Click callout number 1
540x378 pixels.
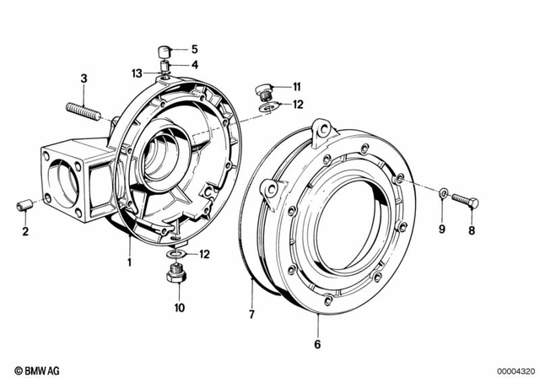coord(129,262)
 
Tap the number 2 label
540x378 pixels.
coord(24,231)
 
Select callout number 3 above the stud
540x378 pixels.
coord(84,78)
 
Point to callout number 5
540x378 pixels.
coord(193,48)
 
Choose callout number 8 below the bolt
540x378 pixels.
coord(472,229)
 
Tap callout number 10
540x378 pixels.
coord(179,308)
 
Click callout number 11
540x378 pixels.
coord(296,87)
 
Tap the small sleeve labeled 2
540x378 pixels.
coord(25,205)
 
